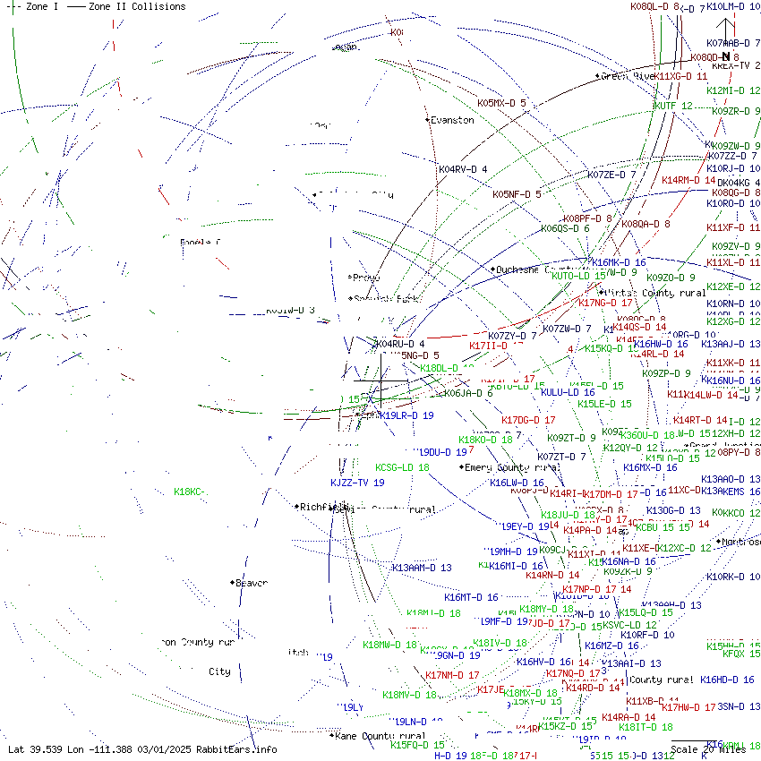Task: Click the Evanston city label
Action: click(x=452, y=120)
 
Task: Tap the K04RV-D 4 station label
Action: click(x=463, y=169)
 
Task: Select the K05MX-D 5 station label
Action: click(x=501, y=103)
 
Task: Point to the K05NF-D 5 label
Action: click(x=517, y=194)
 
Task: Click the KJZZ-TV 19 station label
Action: click(x=357, y=483)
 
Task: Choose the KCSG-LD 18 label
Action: click(x=402, y=467)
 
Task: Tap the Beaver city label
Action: click(x=251, y=583)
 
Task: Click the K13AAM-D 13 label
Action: click(x=422, y=568)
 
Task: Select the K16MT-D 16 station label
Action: click(x=471, y=597)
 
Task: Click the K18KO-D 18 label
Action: click(x=485, y=440)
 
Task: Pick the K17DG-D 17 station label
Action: click(x=528, y=420)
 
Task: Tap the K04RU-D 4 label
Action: click(x=400, y=344)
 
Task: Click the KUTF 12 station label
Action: click(x=674, y=106)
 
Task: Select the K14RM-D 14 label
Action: click(x=688, y=180)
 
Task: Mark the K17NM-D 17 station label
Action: click(x=452, y=675)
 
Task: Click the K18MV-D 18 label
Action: click(x=409, y=695)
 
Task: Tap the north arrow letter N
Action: click(x=726, y=56)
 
